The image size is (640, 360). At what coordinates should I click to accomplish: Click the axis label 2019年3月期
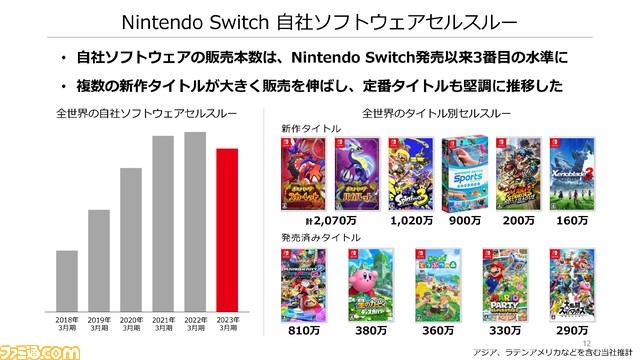(100, 320)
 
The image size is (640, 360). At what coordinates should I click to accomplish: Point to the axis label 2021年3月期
(164, 320)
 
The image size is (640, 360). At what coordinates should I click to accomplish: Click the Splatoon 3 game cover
(411, 176)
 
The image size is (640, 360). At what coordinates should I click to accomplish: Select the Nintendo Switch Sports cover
(466, 176)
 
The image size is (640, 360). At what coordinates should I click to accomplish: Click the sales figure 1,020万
(411, 222)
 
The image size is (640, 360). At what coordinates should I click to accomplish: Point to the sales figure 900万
(466, 222)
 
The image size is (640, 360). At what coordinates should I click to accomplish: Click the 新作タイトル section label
(309, 129)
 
